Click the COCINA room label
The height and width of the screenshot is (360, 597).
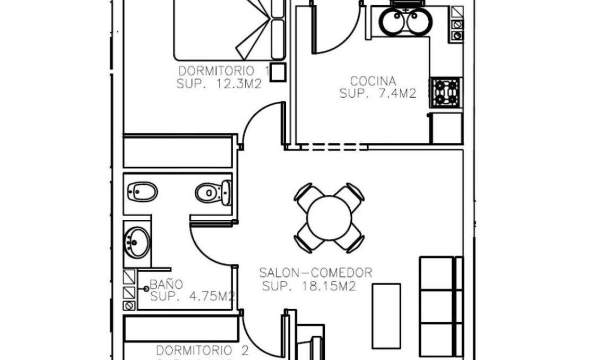pyautogui.click(x=373, y=81)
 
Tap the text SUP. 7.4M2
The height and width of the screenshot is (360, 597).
pyautogui.click(x=377, y=94)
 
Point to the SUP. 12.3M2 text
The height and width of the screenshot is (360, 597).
pyautogui.click(x=219, y=83)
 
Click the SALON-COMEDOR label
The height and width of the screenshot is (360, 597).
pyautogui.click(x=315, y=273)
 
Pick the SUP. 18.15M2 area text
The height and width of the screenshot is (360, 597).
pyautogui.click(x=309, y=287)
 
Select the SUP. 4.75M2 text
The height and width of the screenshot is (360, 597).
pyautogui.click(x=193, y=296)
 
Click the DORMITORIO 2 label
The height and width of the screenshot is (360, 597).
pyautogui.click(x=202, y=351)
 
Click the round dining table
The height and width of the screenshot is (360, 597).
pyautogui.click(x=329, y=218)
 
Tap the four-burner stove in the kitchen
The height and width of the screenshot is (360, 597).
pyautogui.click(x=445, y=92)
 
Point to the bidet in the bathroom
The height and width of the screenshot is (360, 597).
pyautogui.click(x=142, y=192)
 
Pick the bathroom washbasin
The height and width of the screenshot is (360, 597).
pyautogui.click(x=137, y=243)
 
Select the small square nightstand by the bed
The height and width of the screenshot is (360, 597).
pyautogui.click(x=278, y=72)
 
